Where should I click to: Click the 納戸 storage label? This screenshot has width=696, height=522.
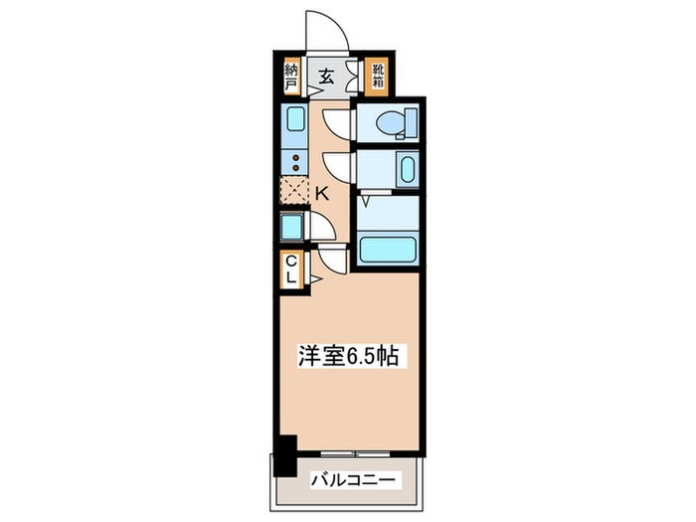click(290, 76)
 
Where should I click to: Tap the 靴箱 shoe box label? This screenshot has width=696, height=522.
click(378, 76)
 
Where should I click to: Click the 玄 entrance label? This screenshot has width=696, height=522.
click(326, 75)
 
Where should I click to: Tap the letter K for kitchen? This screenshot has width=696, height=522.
click(322, 193)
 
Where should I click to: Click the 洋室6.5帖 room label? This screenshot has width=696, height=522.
click(349, 356)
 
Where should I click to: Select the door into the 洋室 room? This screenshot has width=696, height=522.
click(331, 260)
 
